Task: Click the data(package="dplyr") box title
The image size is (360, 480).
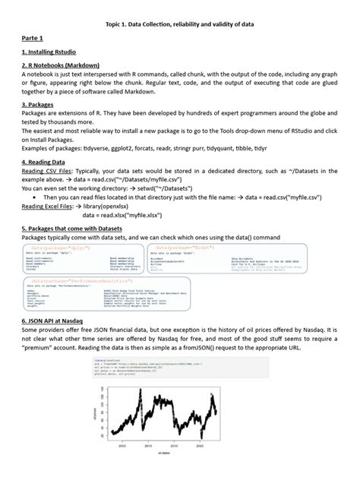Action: (63, 248)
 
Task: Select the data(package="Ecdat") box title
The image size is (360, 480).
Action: (186, 248)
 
